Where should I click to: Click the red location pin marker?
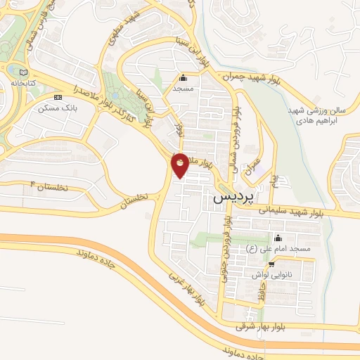180,164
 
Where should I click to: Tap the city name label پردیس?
231,199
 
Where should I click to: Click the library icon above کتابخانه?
24,72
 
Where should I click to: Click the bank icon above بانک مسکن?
58,97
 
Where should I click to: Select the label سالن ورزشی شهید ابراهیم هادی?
321,114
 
